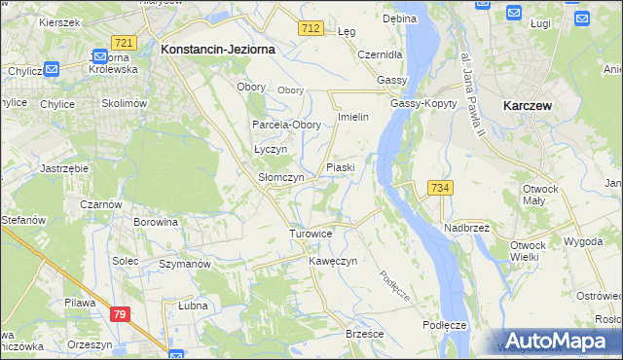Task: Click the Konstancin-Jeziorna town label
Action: coord(217,48)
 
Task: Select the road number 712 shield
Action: coord(311,29)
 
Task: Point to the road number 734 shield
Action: coord(439,188)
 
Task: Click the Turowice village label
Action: coord(311,234)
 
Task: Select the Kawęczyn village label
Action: coord(334,261)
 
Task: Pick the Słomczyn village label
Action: coord(281,178)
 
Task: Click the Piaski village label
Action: coord(340,167)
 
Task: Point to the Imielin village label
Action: coord(351,117)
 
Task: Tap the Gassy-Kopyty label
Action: coord(423,103)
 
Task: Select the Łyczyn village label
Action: coord(270,150)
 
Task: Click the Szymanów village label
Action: coord(185,264)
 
